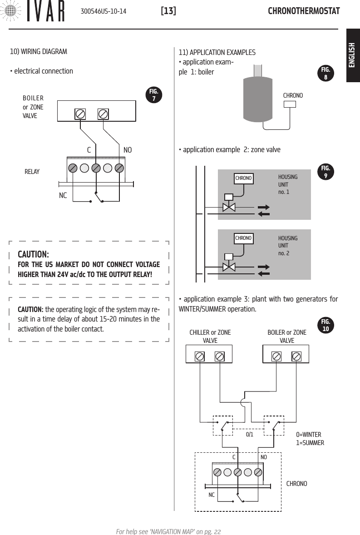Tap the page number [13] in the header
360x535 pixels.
168,10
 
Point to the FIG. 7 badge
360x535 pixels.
155,95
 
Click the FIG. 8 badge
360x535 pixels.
325,73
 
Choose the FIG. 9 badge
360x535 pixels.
325,172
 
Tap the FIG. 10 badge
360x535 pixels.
325,326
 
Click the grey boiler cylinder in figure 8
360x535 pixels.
258,99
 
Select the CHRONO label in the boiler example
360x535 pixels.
293,96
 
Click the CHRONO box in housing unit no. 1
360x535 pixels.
243,178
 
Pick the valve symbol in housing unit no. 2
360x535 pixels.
229,267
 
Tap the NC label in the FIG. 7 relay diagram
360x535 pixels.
63,195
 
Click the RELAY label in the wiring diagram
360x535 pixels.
32,172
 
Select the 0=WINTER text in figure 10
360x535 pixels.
308,434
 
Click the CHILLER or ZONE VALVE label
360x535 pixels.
210,337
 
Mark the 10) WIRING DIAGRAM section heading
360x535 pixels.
39,51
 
